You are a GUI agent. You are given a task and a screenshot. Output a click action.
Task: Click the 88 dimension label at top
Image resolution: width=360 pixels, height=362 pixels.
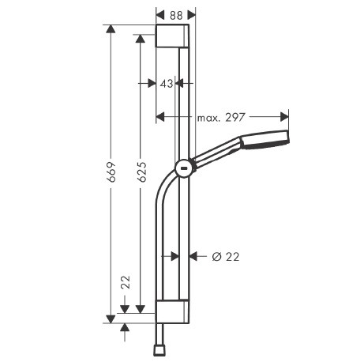(176, 16)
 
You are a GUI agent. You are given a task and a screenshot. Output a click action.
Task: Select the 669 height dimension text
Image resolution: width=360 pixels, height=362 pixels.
(111, 172)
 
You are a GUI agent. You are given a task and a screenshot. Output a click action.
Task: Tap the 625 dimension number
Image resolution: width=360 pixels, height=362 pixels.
(142, 172)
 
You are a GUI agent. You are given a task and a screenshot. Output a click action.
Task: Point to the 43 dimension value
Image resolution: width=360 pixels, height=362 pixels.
(167, 84)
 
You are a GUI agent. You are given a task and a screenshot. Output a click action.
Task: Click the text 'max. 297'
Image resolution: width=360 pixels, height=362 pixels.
(221, 118)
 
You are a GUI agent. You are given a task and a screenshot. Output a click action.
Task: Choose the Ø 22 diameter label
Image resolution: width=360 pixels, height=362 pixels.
(226, 257)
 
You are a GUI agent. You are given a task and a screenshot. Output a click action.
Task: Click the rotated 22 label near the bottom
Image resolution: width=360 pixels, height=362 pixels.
(126, 282)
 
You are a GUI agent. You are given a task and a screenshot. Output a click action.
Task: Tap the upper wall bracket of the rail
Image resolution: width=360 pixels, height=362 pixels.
(172, 36)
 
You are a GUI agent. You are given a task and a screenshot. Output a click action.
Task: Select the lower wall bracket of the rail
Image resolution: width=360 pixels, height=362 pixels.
(172, 311)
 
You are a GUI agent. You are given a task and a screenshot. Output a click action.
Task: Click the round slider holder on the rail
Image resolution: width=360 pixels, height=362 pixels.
(185, 168)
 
